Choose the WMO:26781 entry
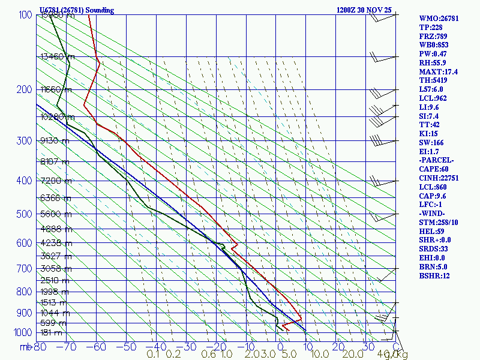(x=439, y=19)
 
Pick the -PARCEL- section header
(x=436, y=160)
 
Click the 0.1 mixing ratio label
(x=153, y=355)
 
